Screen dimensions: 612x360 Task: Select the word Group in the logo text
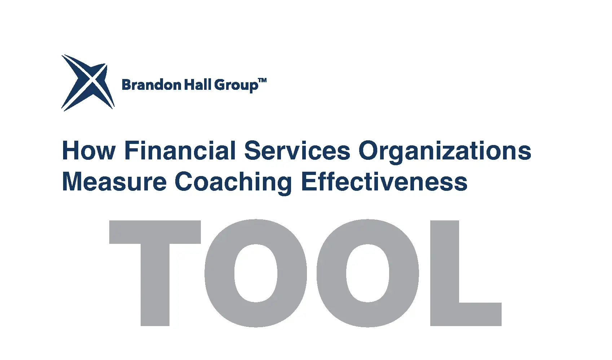(x=236, y=85)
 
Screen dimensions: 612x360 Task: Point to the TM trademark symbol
(x=262, y=80)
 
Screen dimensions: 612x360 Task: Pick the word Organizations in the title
(x=445, y=152)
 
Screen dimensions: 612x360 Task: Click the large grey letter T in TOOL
(x=155, y=273)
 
